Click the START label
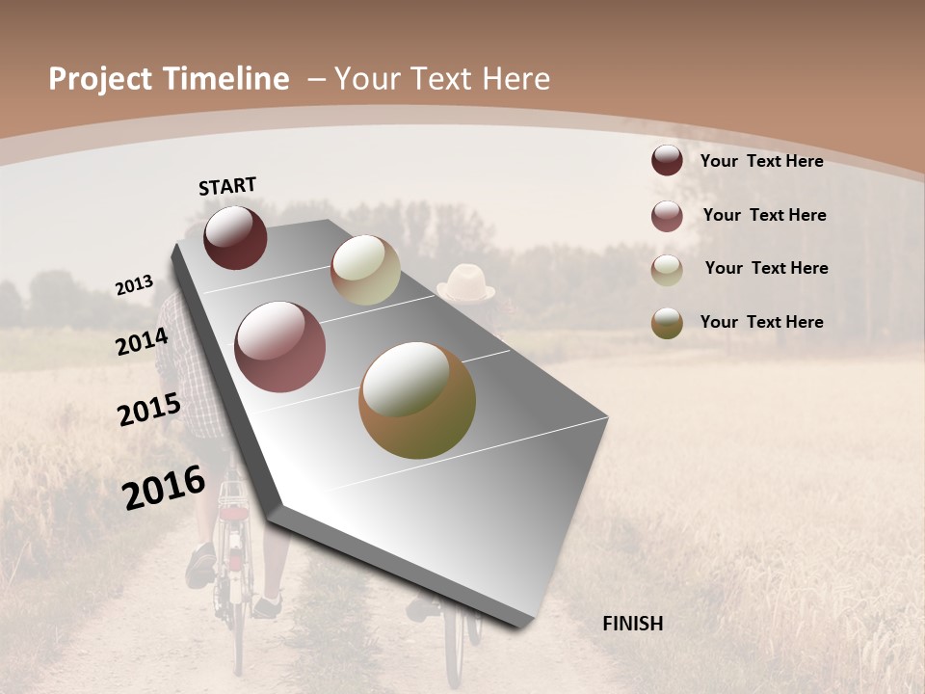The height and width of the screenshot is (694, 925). click(227, 186)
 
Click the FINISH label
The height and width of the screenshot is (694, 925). click(632, 624)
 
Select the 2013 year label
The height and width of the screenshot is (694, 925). click(134, 285)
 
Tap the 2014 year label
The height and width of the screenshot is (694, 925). click(142, 342)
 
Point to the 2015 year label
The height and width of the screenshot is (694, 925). click(148, 410)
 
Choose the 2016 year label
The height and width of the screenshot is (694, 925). click(164, 488)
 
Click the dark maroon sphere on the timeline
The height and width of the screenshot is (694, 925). click(235, 237)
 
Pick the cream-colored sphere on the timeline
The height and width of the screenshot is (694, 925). click(365, 270)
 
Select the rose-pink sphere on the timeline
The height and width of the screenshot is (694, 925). click(280, 347)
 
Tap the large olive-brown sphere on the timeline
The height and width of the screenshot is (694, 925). click(417, 400)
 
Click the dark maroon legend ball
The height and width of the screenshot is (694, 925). click(667, 161)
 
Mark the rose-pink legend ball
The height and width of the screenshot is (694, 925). click(667, 216)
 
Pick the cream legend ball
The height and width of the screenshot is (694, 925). click(667, 270)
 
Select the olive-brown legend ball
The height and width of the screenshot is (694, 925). click(667, 323)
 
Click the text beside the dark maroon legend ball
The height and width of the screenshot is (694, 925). click(761, 161)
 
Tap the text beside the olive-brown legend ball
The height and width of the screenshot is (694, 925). click(761, 322)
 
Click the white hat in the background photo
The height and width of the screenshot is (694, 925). click(466, 283)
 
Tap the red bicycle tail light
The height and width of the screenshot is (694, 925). click(232, 514)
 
